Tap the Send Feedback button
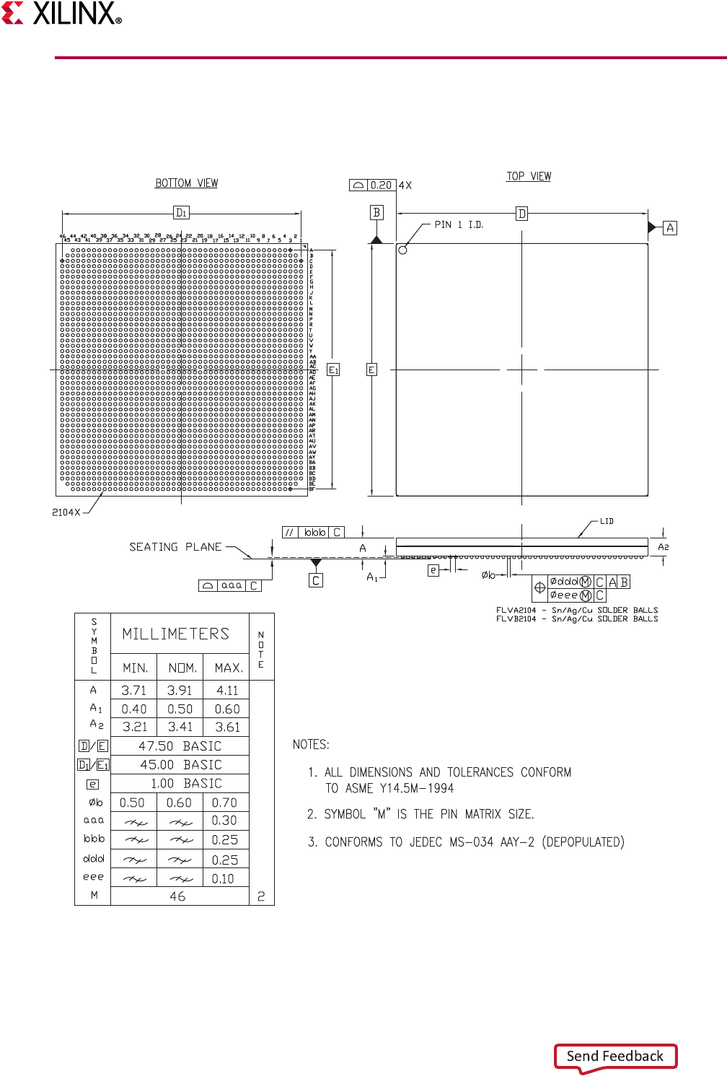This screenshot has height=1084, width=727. (615, 1057)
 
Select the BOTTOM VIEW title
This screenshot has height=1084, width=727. (187, 183)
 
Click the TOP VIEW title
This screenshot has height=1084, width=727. (529, 176)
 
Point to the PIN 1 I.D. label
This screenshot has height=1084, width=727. (459, 225)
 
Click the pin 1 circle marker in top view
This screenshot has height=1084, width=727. (402, 250)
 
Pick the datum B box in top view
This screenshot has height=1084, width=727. (376, 212)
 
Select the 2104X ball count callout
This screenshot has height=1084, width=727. (66, 512)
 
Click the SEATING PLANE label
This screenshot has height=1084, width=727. (175, 547)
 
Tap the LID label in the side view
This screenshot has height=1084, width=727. (607, 521)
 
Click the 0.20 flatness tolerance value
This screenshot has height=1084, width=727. (381, 185)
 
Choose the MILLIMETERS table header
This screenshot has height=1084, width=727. (175, 634)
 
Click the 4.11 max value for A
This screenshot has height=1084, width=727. (226, 691)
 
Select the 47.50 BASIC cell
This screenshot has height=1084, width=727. (180, 746)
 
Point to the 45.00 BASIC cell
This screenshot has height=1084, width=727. (180, 765)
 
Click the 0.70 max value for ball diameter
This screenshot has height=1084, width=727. (224, 803)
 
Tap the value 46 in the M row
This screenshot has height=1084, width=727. (177, 896)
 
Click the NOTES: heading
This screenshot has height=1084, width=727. (311, 745)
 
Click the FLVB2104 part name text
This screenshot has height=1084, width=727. (516, 619)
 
